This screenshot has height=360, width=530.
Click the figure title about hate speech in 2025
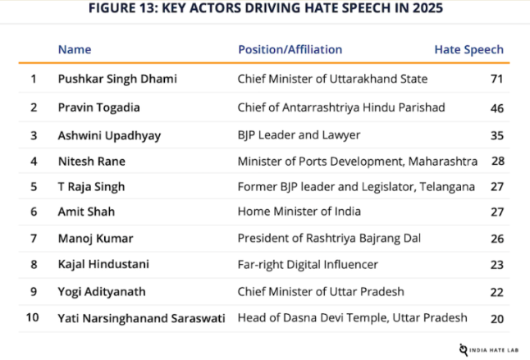tap(264, 11)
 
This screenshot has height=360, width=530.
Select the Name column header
tap(75, 50)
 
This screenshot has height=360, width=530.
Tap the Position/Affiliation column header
tap(290, 50)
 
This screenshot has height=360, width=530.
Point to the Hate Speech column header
tap(468, 50)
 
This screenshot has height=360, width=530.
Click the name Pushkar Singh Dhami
tap(117, 80)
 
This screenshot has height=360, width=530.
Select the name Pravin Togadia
tap(99, 107)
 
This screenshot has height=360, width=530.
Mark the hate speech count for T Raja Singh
tap(496, 187)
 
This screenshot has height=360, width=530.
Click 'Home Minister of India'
tap(298, 212)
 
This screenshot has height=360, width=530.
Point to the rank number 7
tap(34, 239)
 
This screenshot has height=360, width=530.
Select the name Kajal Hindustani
tap(104, 265)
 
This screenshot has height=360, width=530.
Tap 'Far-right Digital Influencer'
tap(308, 265)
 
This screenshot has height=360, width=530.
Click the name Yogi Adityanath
tap(103, 291)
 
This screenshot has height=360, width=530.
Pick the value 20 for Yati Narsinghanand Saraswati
tap(496, 319)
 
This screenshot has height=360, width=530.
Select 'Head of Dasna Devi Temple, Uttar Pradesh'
tap(353, 317)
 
